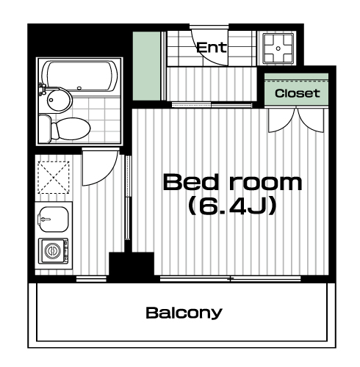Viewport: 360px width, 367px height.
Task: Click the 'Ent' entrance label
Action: coord(212,48)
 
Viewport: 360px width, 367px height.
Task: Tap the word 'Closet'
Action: coord(297,93)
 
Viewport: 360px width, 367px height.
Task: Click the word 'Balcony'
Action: coord(184,313)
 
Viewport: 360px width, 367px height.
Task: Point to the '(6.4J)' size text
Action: coord(232,206)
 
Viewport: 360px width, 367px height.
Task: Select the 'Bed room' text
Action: coord(232,182)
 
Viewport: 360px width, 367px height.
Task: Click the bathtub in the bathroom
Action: coord(79,76)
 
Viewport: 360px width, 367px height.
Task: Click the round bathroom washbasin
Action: coord(58,100)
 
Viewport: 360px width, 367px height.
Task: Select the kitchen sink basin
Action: coord(54,219)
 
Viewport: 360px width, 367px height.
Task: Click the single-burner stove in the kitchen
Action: coord(53,250)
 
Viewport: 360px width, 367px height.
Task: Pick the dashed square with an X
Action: coord(54,178)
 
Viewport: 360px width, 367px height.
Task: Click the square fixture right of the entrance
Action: coord(278,48)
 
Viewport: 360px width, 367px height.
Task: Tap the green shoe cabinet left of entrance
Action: coord(146,66)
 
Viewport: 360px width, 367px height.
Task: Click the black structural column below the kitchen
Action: coord(132,266)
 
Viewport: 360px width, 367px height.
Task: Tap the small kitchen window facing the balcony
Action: coord(91,279)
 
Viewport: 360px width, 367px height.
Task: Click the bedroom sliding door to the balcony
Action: coord(230,278)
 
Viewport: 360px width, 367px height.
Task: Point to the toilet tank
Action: coord(45,129)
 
